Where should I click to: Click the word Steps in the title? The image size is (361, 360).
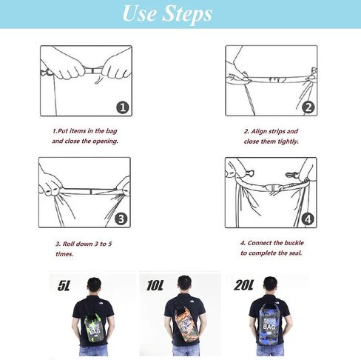tap(188, 14)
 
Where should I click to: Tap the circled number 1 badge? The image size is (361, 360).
tap(123, 107)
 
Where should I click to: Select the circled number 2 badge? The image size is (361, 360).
tap(308, 107)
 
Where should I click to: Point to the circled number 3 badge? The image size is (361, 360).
tap(121, 219)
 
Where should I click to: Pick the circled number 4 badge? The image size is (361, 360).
tap(308, 219)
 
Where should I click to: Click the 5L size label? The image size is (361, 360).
tap(64, 285)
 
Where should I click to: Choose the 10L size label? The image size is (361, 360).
tap(155, 285)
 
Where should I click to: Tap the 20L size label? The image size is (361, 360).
tap(243, 285)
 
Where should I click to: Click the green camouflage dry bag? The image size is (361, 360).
tap(93, 327)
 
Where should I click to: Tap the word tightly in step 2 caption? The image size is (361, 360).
tap(289, 141)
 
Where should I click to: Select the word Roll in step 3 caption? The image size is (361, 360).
tap(68, 244)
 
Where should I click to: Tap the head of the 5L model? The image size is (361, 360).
tap(95, 284)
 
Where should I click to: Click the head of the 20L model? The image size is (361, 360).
tap(270, 284)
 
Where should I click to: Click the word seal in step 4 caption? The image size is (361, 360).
tap(294, 253)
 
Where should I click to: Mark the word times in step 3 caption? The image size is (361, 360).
tap(64, 254)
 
